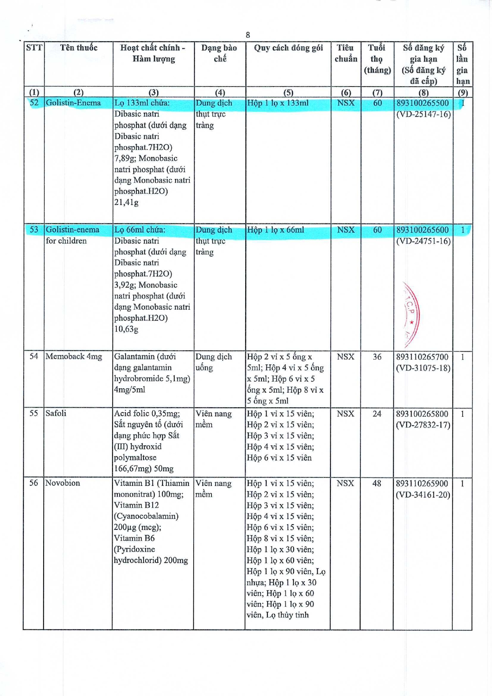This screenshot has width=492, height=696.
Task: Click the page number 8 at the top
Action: tap(248, 35)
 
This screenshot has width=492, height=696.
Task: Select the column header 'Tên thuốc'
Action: tap(78, 48)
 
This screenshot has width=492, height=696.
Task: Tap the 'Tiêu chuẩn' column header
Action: tap(345, 54)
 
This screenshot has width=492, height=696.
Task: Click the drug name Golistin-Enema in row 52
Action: tap(73, 103)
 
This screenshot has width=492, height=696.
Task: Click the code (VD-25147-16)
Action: tap(423, 114)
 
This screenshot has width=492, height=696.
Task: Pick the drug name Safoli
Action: tap(56, 413)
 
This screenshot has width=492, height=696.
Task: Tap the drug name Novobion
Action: tap(63, 483)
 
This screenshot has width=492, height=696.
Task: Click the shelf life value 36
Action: tap(377, 357)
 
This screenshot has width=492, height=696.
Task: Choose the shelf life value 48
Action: tap(377, 483)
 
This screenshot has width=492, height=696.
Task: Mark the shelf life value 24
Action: tap(377, 414)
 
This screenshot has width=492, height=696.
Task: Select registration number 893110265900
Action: tap(422, 483)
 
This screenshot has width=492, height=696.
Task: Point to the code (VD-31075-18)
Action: tap(423, 368)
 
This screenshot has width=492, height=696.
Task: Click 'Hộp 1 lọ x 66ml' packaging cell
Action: tap(276, 230)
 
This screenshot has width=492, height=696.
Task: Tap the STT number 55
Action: tap(34, 413)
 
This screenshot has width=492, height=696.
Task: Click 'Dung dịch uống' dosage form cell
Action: tap(214, 362)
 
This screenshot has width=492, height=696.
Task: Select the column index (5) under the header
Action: tap(288, 92)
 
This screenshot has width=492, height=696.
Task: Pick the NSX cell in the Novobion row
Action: tap(345, 483)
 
